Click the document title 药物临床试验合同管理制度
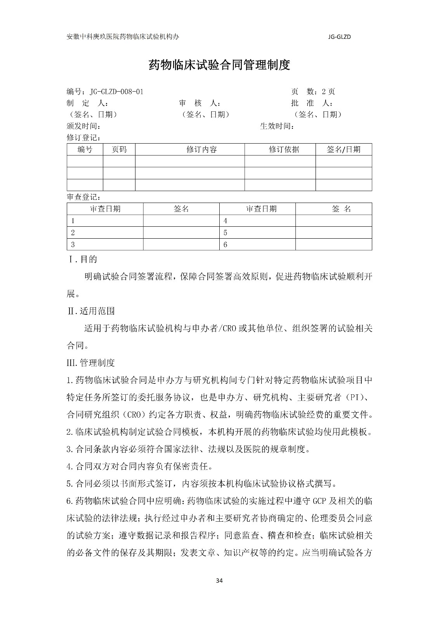coord(219,65)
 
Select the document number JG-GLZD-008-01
coord(116,92)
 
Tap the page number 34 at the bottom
coord(219,581)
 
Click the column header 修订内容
coord(201,150)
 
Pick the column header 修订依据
coord(284,150)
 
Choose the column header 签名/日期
coord(344,150)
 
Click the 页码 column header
coord(119,150)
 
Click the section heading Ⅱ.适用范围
coord(91,311)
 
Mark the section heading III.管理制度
coord(91,363)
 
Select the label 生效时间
coord(277,127)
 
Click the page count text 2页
coord(328,92)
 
